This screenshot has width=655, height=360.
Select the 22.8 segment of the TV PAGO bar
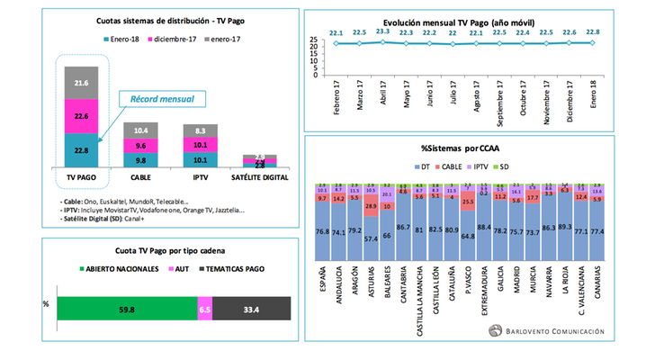[80, 150]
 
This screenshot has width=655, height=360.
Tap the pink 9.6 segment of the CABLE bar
[139, 145]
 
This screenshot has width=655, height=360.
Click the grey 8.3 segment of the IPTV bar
[199, 131]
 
